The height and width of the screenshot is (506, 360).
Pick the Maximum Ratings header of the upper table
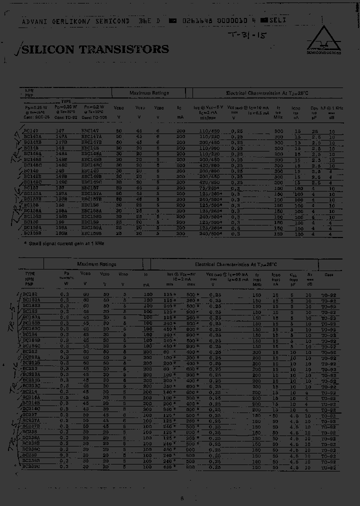(149, 93)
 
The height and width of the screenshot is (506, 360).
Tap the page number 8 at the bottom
(182, 498)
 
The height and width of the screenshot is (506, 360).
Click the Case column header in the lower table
(328, 274)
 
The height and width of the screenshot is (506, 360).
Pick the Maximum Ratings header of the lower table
(96, 264)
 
